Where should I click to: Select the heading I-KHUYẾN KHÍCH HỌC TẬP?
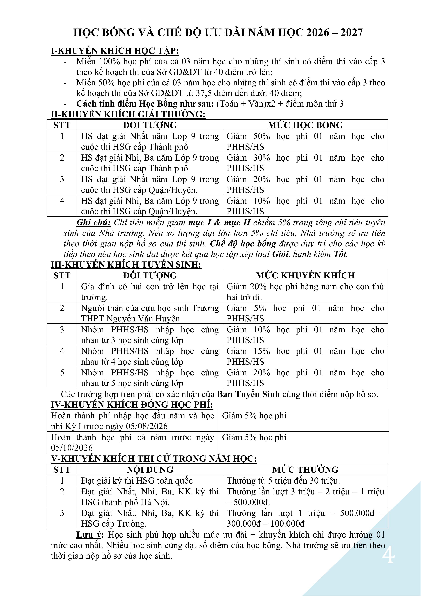coord(115,51)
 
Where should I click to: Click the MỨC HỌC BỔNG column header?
coord(305,125)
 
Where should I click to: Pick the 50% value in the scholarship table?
coord(262,136)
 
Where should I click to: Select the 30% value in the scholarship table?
coord(262,158)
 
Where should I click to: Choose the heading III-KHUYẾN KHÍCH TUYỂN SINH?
coord(126,265)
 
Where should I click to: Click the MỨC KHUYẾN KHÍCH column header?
coord(305,275)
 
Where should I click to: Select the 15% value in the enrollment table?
coord(262,351)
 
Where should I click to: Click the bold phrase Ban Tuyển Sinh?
coord(248,394)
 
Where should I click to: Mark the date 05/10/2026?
coord(72,448)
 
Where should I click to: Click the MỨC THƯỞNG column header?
coord(305,470)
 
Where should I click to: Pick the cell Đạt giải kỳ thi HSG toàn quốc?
coord(137,481)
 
